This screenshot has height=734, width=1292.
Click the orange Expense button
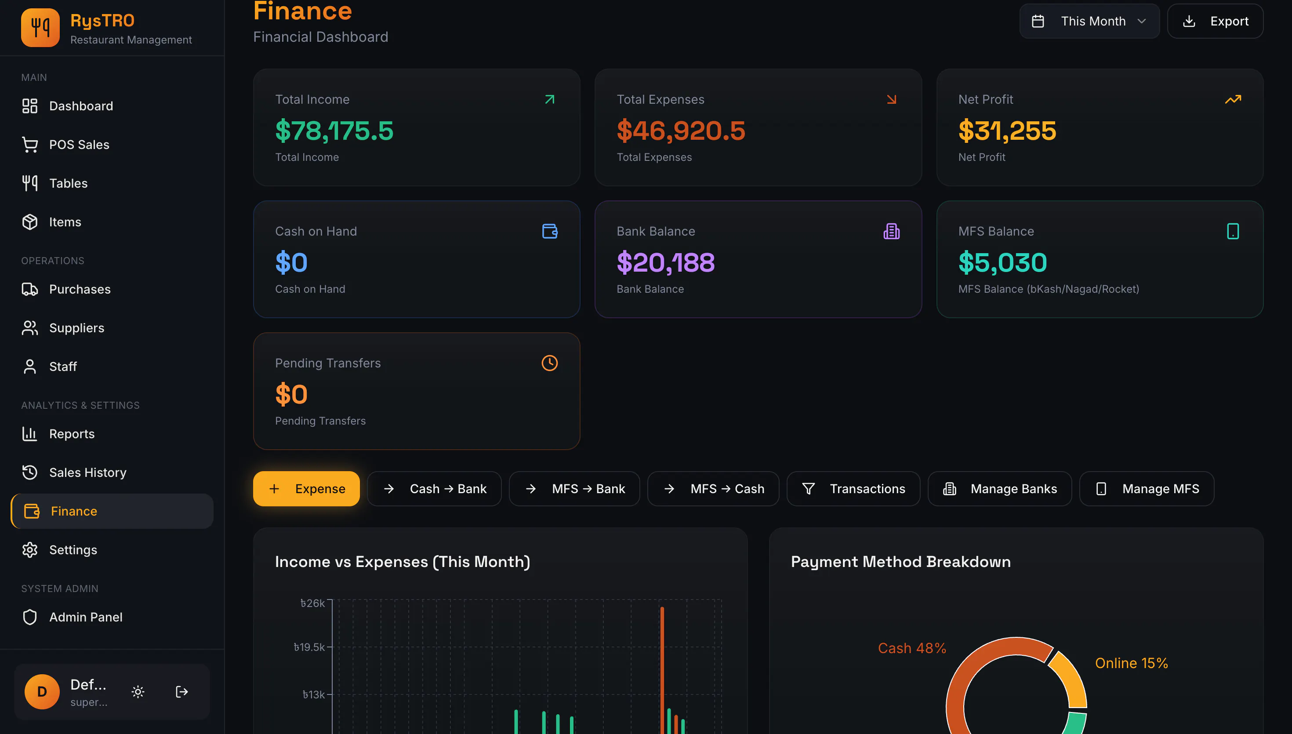pyautogui.click(x=306, y=488)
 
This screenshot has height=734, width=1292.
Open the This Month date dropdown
pyautogui.click(x=1089, y=21)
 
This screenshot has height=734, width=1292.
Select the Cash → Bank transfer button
pyautogui.click(x=434, y=488)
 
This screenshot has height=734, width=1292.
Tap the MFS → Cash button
pyautogui.click(x=713, y=488)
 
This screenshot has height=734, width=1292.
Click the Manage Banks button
pyautogui.click(x=1000, y=488)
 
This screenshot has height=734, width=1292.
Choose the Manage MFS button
pyautogui.click(x=1147, y=488)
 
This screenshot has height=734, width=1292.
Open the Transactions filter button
pyautogui.click(x=853, y=488)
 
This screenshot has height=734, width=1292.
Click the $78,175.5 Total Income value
pyautogui.click(x=334, y=131)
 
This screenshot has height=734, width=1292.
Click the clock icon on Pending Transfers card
pyautogui.click(x=549, y=363)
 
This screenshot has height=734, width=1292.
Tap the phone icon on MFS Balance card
pyautogui.click(x=1233, y=231)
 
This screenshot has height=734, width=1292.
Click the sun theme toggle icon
pyautogui.click(x=138, y=692)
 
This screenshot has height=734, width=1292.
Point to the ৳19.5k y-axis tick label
pyautogui.click(x=309, y=647)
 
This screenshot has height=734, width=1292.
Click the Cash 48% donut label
pyautogui.click(x=912, y=648)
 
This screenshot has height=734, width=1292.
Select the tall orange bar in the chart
pyautogui.click(x=662, y=670)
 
